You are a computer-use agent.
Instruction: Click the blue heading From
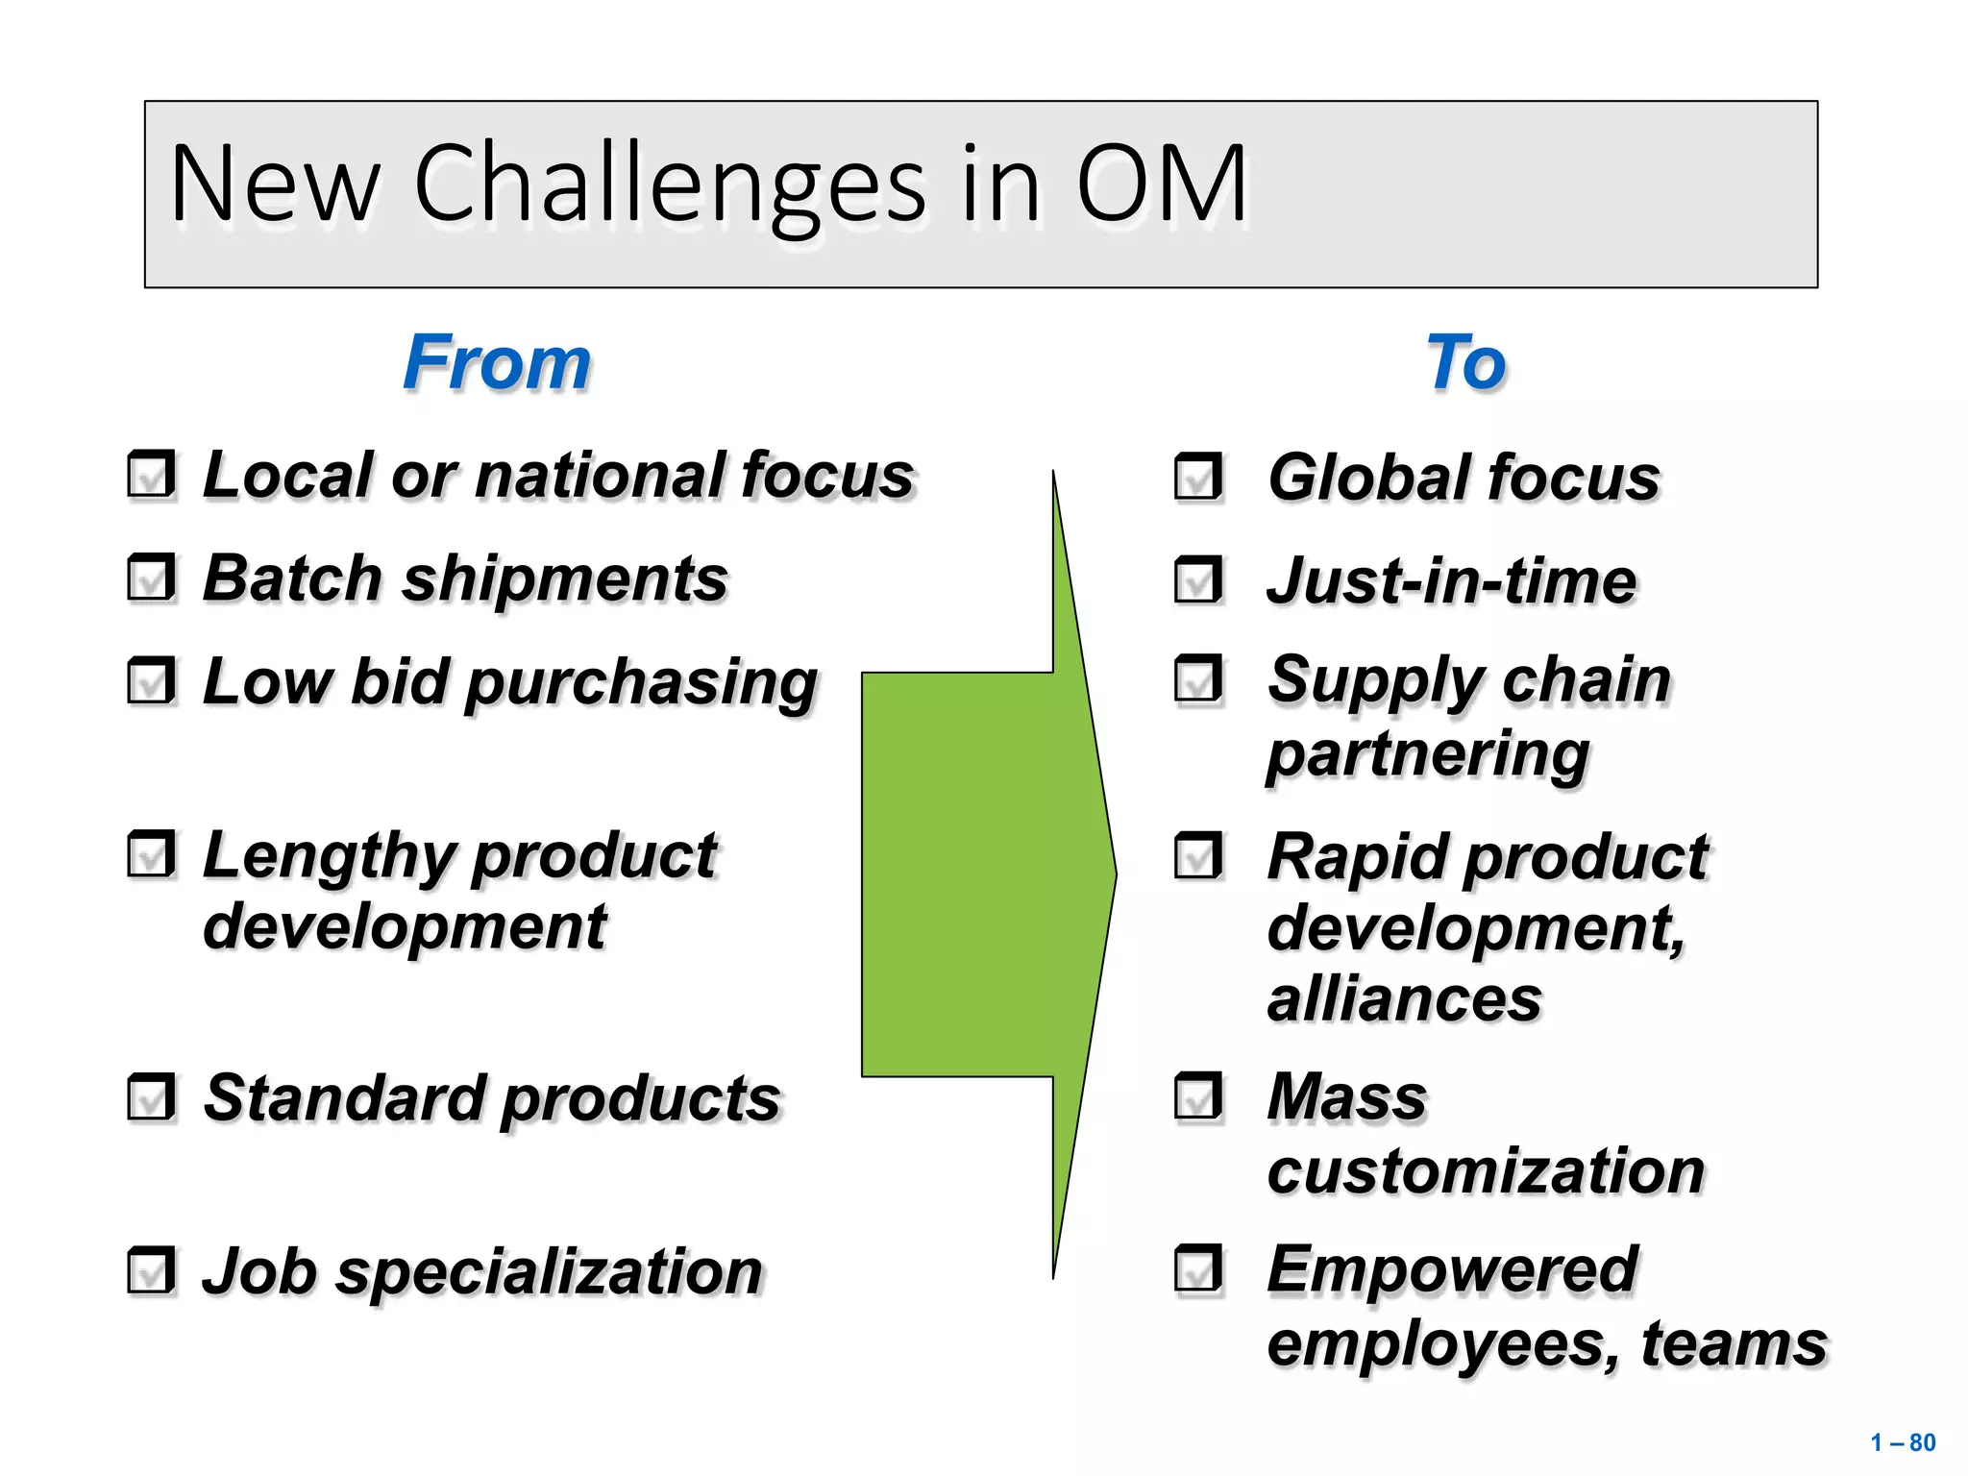tap(497, 362)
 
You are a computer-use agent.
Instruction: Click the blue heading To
tap(1465, 362)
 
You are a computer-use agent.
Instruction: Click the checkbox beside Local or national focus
tap(152, 475)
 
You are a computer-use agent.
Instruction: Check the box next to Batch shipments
tap(152, 578)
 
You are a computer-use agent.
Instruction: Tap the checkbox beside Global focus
tap(1198, 478)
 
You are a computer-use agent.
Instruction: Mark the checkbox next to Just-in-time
tap(1198, 580)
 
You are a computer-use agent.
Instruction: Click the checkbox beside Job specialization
tap(152, 1270)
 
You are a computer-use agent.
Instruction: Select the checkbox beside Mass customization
tap(1198, 1097)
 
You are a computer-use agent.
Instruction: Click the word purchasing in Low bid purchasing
tap(642, 684)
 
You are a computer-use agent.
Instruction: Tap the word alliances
tap(1404, 999)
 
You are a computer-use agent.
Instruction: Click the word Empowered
tap(1452, 1268)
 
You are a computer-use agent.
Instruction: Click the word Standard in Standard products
tap(343, 1097)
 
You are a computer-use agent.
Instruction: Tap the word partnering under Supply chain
tap(1428, 754)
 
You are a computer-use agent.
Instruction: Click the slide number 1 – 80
tap(1902, 1442)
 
